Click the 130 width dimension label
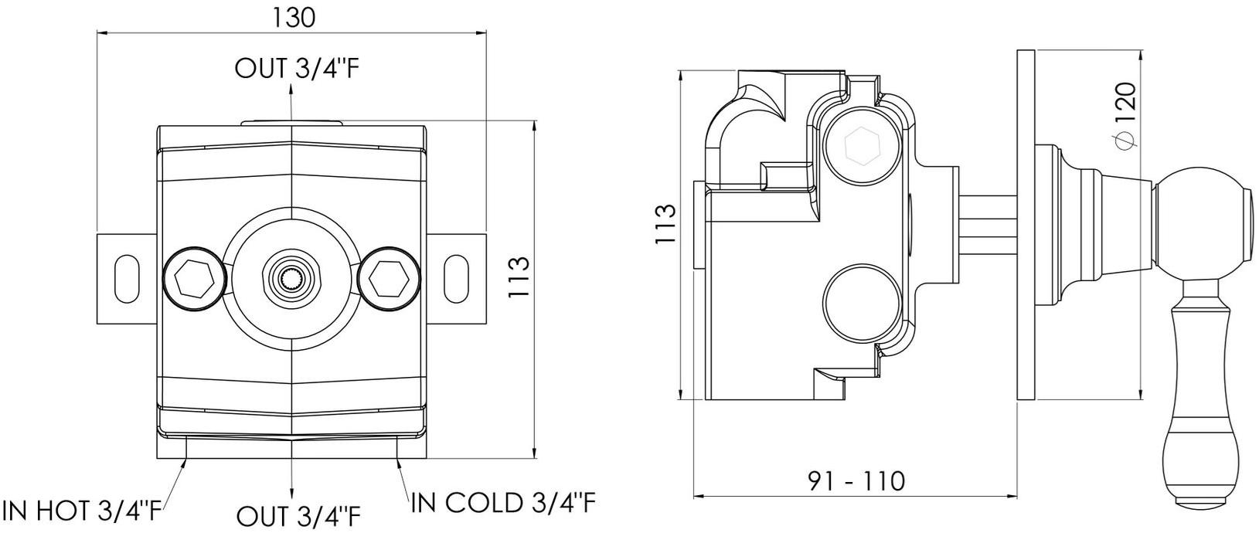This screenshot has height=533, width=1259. [x=294, y=18]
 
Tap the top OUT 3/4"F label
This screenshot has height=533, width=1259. [x=296, y=69]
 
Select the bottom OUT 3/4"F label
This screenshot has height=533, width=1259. [x=298, y=515]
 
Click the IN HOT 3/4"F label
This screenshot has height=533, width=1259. [x=83, y=511]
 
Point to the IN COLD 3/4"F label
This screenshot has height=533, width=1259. [x=503, y=502]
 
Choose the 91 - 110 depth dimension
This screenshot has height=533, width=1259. [x=856, y=481]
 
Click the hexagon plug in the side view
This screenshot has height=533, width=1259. [x=863, y=145]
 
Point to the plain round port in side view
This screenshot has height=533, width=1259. [x=863, y=303]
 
